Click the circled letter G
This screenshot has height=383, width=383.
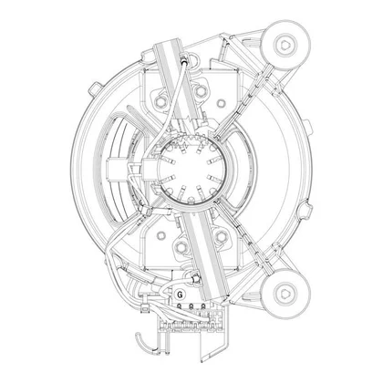(x=181, y=295)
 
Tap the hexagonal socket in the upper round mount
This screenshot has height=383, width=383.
(x=286, y=45)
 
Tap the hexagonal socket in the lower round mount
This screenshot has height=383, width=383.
(x=286, y=294)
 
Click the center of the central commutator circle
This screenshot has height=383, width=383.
(x=191, y=171)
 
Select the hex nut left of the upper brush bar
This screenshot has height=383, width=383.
(x=160, y=102)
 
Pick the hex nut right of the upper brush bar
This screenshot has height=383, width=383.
(x=200, y=90)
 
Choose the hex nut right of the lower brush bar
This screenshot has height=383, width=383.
(x=221, y=236)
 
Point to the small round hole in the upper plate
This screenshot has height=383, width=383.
(x=222, y=104)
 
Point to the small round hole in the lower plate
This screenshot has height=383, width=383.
(x=161, y=235)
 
